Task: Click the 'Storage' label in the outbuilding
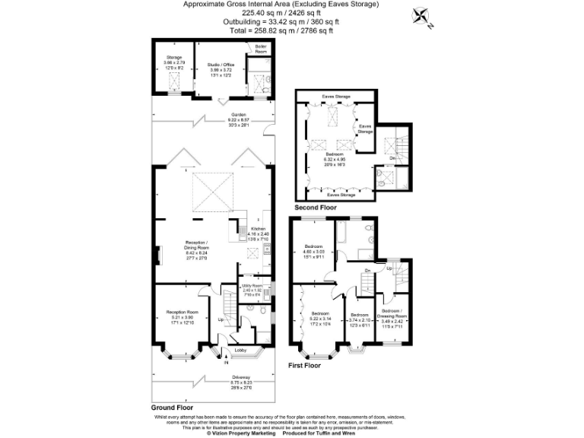[174, 59]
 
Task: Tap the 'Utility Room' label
[252, 287]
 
